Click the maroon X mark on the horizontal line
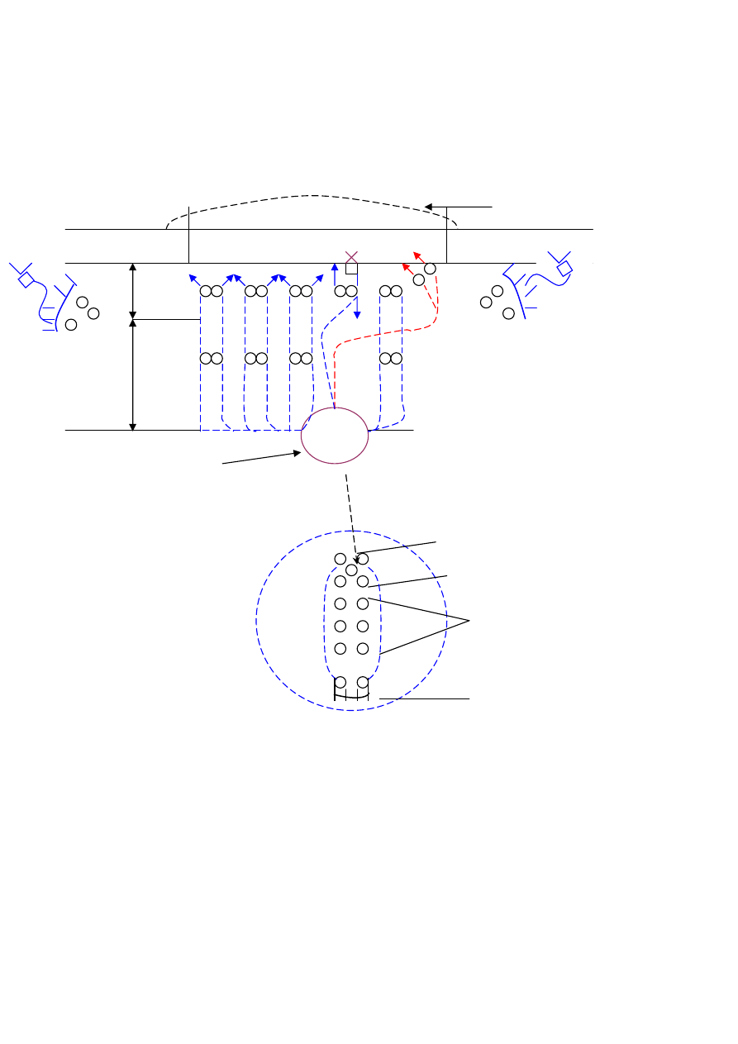[350, 257]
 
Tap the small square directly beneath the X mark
[351, 269]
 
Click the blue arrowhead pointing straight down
[357, 315]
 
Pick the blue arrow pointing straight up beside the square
[334, 267]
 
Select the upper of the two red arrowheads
[417, 256]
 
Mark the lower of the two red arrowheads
[406, 267]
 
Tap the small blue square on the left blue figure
[26, 281]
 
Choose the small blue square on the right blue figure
[564, 269]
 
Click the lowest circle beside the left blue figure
[71, 325]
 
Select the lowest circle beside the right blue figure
[508, 313]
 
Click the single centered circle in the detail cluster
[351, 570]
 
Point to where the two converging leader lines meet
[469, 620]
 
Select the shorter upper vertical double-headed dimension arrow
[133, 291]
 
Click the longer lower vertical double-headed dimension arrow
[133, 374]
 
